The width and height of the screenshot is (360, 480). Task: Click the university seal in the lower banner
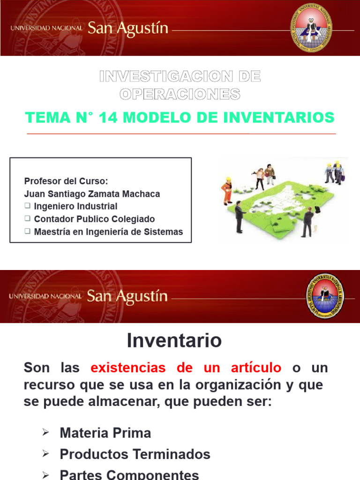click(x=324, y=296)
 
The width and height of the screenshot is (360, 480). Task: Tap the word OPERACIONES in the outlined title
click(x=180, y=94)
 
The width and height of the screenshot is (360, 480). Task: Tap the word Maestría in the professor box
click(x=52, y=232)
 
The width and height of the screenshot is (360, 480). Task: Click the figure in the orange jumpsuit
click(x=227, y=190)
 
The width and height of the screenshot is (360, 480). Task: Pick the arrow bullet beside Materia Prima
click(x=45, y=433)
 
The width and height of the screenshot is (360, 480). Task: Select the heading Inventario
click(x=174, y=341)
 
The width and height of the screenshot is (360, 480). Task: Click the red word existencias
click(x=128, y=368)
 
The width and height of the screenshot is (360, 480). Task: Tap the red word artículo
click(x=255, y=368)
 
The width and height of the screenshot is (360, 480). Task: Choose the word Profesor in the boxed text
click(x=41, y=181)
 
